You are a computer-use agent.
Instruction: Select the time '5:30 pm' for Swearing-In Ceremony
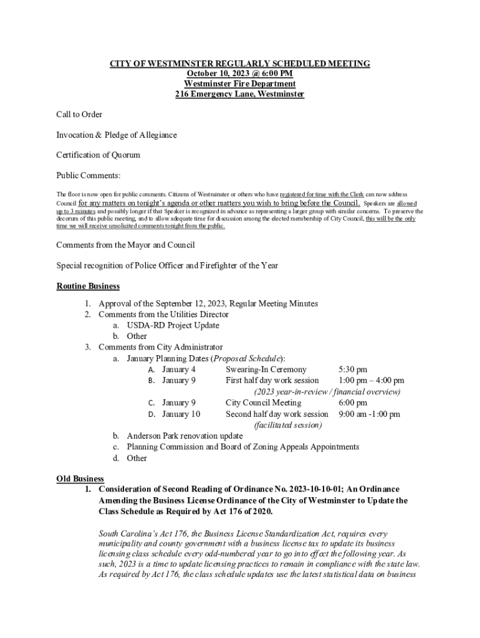coord(352,369)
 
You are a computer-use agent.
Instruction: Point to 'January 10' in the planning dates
coord(181,414)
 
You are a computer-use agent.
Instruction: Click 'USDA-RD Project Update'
coord(173,325)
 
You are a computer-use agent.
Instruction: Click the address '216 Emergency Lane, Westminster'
coord(239,94)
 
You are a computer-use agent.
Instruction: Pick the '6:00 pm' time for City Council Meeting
coord(352,402)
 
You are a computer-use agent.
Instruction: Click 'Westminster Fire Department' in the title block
coord(239,84)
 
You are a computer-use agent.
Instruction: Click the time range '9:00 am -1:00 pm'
coord(369,414)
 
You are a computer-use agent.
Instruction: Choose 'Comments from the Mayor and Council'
coord(125,245)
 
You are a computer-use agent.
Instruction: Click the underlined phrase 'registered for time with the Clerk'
coord(322,194)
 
